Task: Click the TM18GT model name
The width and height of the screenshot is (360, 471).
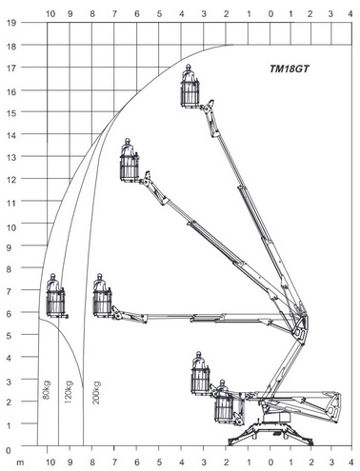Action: (x=289, y=69)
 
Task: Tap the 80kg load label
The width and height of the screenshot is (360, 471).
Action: (x=47, y=390)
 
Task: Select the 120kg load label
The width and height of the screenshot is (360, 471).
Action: (x=69, y=392)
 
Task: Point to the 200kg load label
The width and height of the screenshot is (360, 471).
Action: (x=96, y=392)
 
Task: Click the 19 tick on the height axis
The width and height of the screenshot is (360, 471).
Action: (x=11, y=23)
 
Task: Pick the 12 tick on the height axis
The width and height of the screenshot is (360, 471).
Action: (x=11, y=179)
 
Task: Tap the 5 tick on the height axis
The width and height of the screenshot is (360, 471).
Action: (x=9, y=336)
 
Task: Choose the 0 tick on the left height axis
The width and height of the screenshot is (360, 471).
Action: (x=9, y=450)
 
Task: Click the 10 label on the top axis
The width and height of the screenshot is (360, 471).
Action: (x=50, y=13)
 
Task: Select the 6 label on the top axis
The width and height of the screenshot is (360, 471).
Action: (x=137, y=13)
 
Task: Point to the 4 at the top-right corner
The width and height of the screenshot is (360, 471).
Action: (x=350, y=13)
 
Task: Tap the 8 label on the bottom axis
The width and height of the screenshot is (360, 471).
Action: (x=92, y=462)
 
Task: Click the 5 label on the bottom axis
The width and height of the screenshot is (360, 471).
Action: (x=159, y=462)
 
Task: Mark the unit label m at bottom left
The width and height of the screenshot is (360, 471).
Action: (x=20, y=463)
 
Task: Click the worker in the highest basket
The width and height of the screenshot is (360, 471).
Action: (x=189, y=73)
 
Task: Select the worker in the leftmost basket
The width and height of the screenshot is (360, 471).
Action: (x=52, y=283)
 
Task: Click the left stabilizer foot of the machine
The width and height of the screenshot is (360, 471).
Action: (x=231, y=442)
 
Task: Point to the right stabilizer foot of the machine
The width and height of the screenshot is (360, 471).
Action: (x=310, y=442)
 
